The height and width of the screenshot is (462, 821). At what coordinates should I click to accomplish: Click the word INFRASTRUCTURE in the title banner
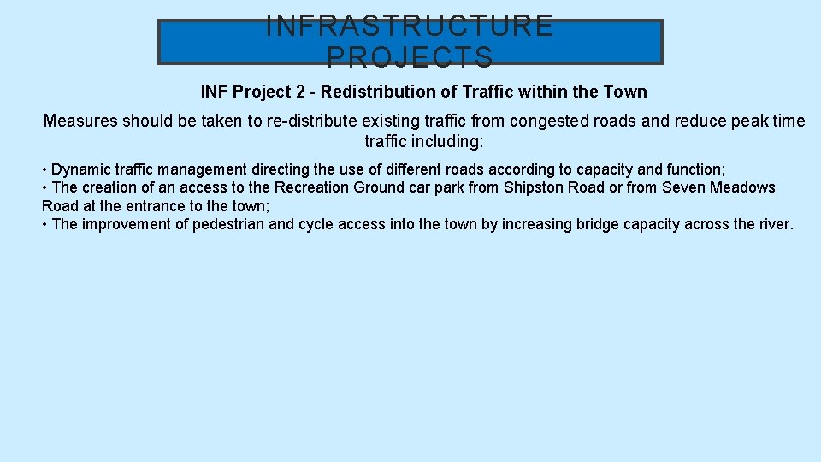(x=410, y=27)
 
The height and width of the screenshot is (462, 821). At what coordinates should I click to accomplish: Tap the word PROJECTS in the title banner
(x=410, y=56)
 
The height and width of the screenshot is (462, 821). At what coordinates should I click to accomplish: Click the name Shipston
(x=533, y=187)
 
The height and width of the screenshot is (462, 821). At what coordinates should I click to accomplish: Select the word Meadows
(x=744, y=187)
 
